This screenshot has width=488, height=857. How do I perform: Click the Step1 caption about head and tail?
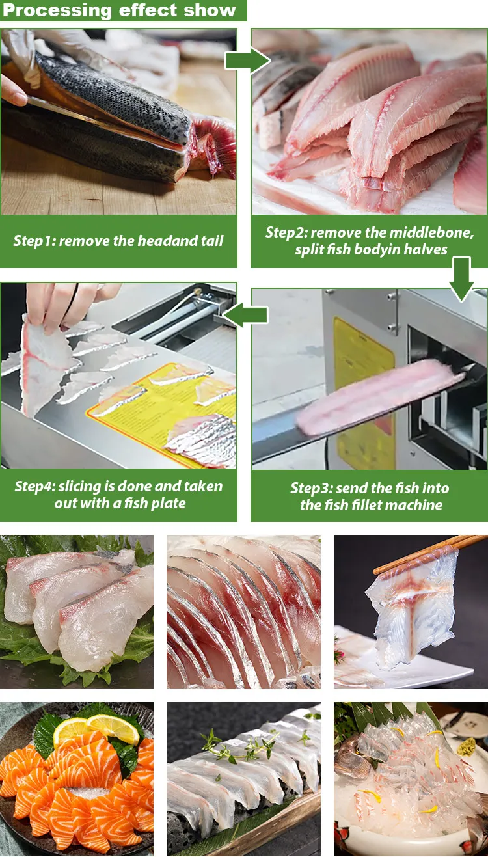pyautogui.click(x=118, y=241)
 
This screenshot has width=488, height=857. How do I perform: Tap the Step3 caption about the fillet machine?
pyautogui.click(x=369, y=497)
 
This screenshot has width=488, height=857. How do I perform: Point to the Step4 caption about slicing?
pyautogui.click(x=118, y=495)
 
